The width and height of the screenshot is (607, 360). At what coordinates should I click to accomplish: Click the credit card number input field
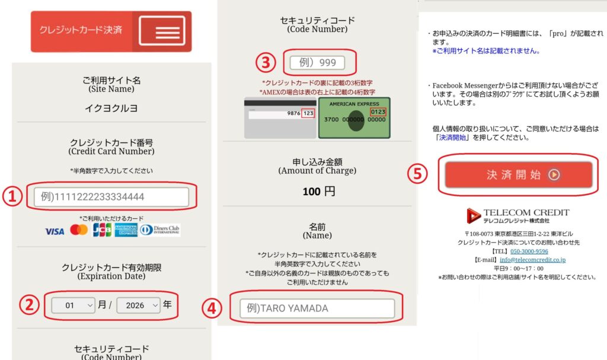(111, 196)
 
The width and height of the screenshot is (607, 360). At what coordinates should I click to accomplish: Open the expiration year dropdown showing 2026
(139, 305)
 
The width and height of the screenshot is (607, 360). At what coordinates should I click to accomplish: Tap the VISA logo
(55, 231)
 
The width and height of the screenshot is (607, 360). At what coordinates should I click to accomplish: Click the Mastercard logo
(78, 230)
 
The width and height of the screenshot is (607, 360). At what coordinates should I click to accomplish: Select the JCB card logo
(102, 230)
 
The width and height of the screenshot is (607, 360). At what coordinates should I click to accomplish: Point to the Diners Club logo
(160, 230)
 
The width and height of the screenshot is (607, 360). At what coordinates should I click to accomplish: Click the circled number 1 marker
(12, 197)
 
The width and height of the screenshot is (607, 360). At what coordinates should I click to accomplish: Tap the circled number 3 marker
(265, 62)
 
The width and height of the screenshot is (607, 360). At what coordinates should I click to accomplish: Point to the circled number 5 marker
(418, 174)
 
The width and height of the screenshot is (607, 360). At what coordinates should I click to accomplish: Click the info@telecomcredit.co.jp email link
(532, 260)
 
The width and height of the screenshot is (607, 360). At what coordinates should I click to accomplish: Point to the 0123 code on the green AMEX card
(377, 112)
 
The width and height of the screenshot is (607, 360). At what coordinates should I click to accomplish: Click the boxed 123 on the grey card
(308, 113)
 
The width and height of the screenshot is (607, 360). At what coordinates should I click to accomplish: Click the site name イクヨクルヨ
(111, 108)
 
